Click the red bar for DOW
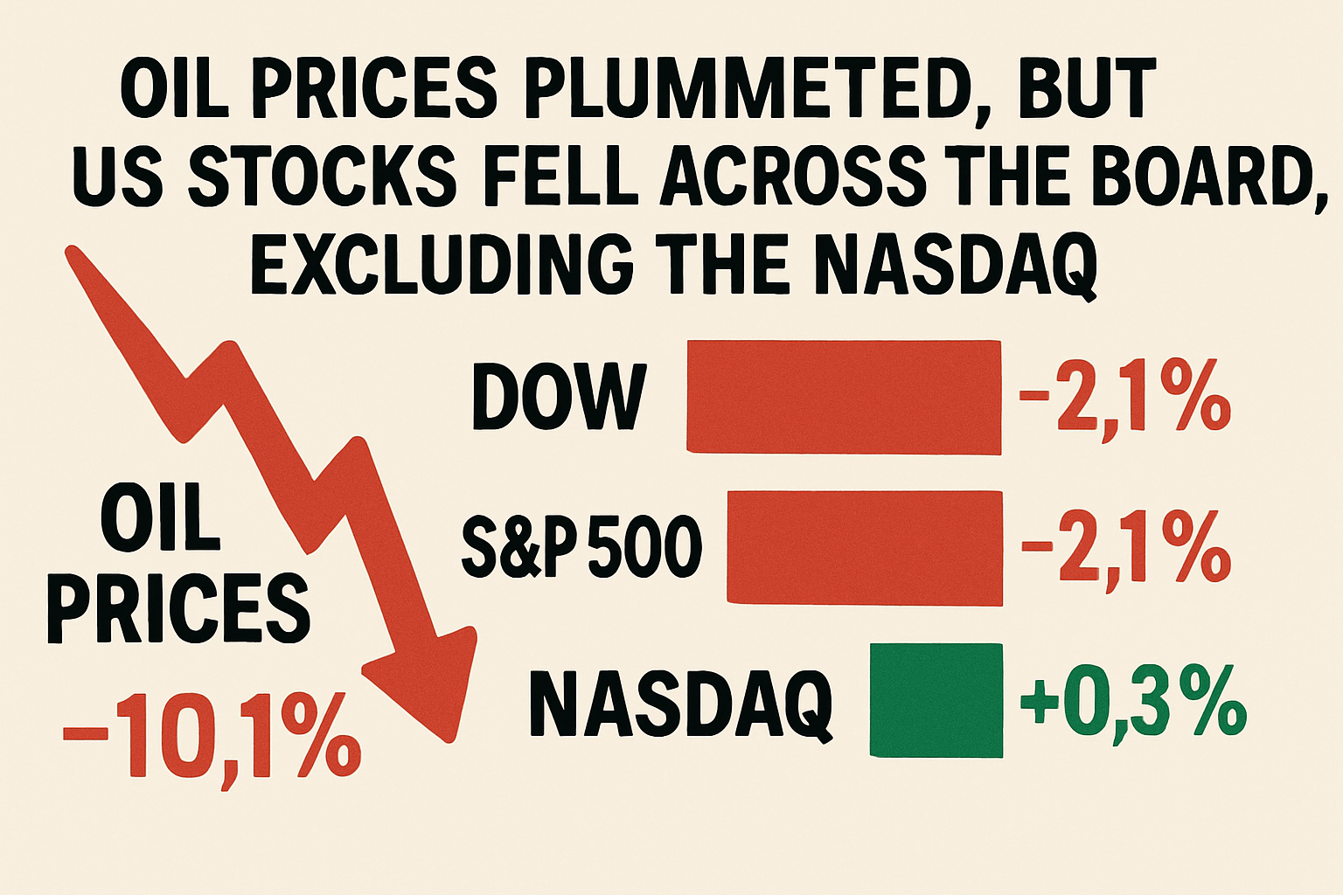pos(844,397)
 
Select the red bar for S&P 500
pos(865,547)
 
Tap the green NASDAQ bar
pos(936,699)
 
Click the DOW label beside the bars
pos(560,398)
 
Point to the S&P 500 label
pos(581,548)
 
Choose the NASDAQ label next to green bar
pos(680,704)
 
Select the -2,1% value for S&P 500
pos(1125,548)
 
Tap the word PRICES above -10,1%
pos(179,609)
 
